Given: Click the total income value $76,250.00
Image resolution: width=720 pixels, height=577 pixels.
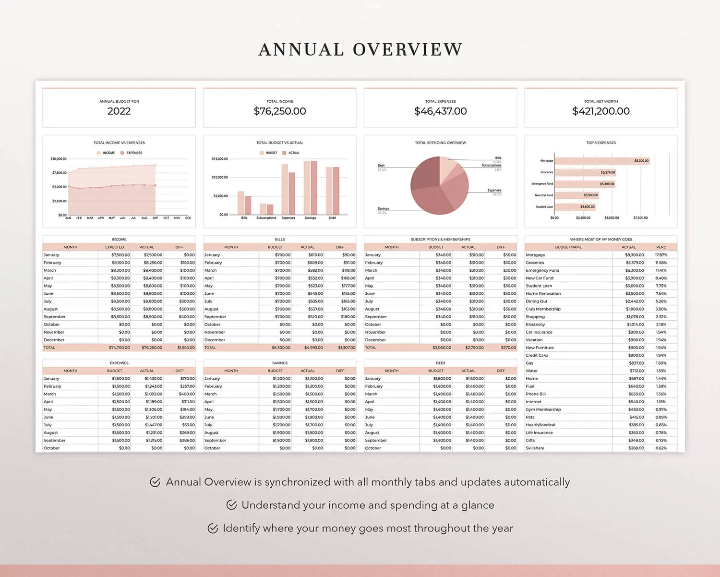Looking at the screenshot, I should (x=280, y=111).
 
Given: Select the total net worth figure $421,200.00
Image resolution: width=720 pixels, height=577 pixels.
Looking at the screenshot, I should (x=601, y=111).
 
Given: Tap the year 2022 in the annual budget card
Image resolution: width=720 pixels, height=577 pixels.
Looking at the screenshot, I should (x=119, y=111).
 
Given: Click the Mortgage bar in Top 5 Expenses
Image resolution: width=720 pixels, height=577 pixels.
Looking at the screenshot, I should (x=602, y=161).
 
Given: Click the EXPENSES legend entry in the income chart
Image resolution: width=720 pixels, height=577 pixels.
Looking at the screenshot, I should (x=134, y=153).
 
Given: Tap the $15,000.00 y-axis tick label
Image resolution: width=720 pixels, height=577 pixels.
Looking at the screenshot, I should (x=220, y=159).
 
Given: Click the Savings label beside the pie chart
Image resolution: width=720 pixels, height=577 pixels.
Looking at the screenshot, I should (x=383, y=209).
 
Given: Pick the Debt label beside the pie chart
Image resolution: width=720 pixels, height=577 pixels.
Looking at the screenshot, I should (x=381, y=166).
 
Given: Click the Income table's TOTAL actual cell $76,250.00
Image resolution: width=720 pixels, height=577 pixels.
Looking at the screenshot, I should (x=152, y=348).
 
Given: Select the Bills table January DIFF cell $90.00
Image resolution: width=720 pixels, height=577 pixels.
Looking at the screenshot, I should (x=349, y=255).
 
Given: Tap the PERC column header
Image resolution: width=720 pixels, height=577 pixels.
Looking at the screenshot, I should (x=661, y=247).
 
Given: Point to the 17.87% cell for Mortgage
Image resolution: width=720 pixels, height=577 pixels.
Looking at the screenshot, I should (x=661, y=255).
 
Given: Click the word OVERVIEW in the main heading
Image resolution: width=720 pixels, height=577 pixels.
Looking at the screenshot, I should (x=408, y=49).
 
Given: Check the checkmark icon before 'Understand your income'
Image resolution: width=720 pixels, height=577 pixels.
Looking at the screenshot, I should (x=231, y=505).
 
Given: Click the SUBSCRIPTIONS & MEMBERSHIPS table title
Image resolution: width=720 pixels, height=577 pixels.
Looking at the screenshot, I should (x=440, y=239).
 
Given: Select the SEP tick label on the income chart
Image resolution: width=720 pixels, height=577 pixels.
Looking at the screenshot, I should (x=155, y=218).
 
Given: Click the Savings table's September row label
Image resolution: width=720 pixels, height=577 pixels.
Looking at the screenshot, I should (x=215, y=440).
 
